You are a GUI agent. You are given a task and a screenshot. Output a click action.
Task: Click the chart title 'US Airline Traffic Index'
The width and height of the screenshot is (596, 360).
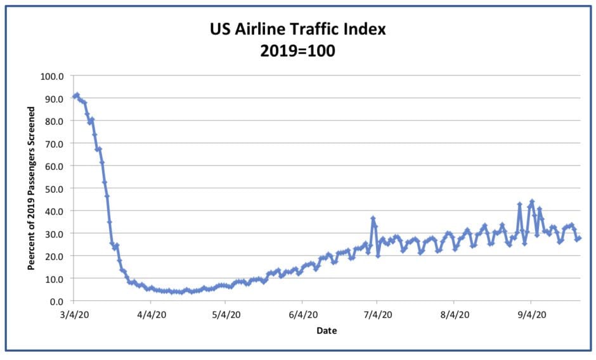pos(297,29)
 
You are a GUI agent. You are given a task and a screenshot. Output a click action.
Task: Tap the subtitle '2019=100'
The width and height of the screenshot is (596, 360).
pos(297,51)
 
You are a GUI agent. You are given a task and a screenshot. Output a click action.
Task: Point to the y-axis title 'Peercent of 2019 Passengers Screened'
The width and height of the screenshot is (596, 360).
pos(31,188)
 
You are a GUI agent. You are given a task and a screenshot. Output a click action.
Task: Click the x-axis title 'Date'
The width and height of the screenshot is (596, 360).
pos(327,331)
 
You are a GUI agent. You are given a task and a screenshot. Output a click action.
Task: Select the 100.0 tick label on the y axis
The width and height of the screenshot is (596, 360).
pos(53,76)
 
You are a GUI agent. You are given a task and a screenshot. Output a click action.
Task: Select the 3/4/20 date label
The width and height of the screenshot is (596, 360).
pos(74,314)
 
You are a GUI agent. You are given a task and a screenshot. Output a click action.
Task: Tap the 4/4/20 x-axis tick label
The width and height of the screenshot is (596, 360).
pos(150,314)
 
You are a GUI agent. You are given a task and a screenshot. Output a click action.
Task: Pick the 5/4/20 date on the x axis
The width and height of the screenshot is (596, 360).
pos(226,314)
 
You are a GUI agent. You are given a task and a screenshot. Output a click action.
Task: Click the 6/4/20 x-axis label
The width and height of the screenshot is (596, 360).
pos(302,314)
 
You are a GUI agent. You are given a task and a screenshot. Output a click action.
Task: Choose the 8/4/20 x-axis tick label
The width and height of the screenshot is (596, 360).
pos(454,314)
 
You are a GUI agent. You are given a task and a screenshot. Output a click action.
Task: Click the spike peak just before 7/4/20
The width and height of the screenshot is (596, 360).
pos(373,219)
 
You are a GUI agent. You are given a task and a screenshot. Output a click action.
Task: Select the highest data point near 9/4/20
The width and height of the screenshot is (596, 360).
pos(532,202)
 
